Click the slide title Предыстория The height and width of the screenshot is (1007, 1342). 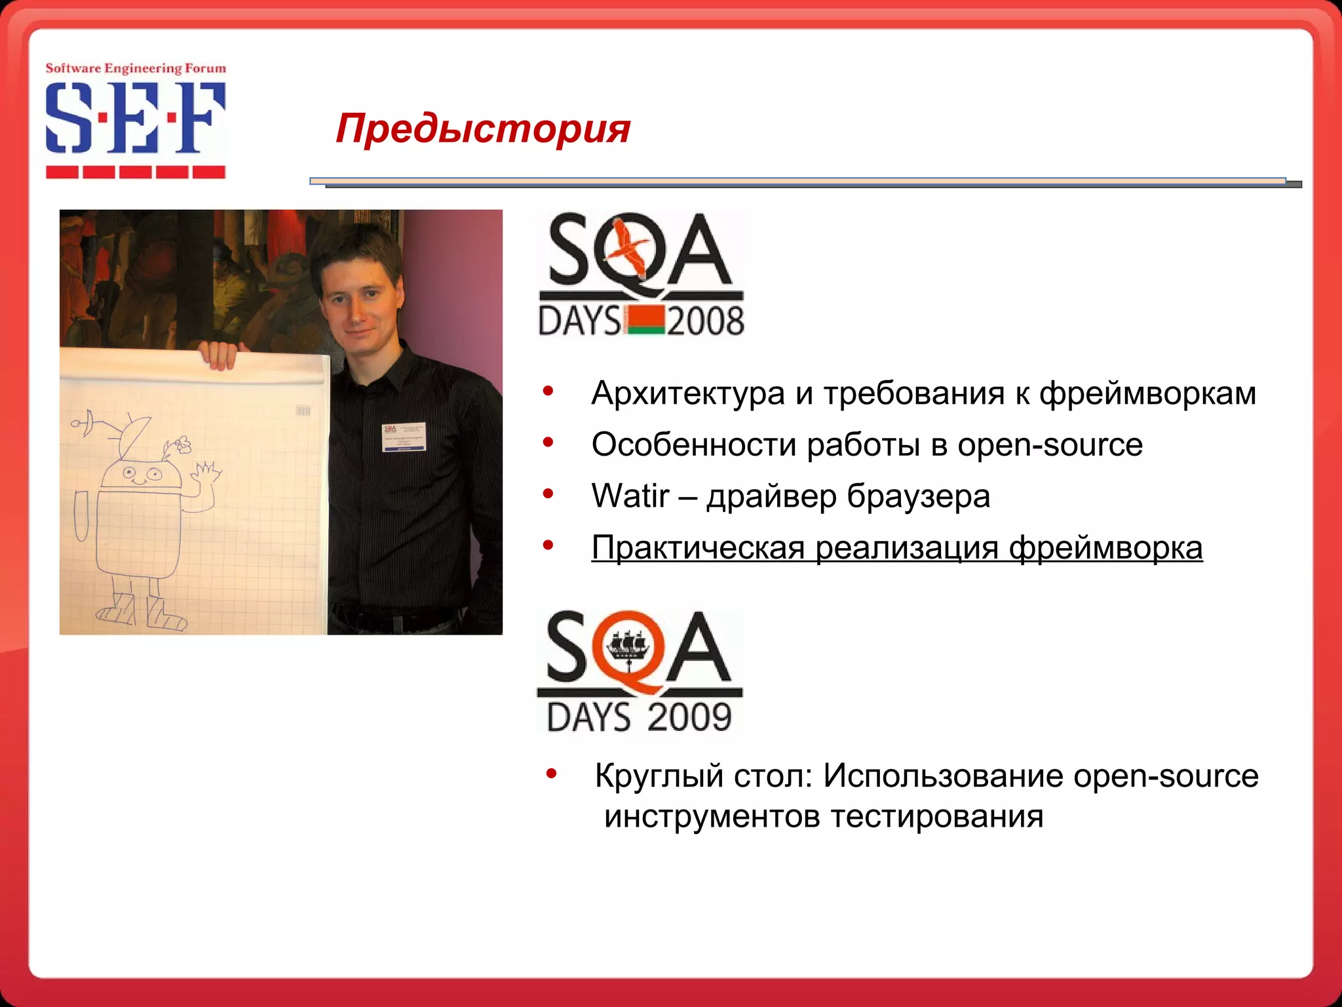coord(483,128)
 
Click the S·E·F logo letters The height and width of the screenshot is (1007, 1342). coord(135,118)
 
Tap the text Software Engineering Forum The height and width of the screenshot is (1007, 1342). coord(135,68)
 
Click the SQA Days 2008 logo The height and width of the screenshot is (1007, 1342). coord(641,274)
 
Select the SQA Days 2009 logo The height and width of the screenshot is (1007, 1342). coord(640,671)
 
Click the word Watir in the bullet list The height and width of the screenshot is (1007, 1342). coord(630,496)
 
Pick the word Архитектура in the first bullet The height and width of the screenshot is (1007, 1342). coord(687,393)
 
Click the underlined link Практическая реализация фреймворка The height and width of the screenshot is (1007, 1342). coord(896,547)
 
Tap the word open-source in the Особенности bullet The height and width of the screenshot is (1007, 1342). coord(1050,444)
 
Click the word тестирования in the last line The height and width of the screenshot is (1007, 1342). coord(937,817)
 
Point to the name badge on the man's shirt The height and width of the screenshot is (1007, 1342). coord(404,437)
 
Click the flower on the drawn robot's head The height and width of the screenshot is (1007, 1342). coord(183,445)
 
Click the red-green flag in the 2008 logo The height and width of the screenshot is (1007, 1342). coord(645,321)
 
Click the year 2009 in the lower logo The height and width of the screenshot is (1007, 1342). coord(689,717)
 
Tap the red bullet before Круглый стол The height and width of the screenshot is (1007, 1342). coord(551,774)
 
